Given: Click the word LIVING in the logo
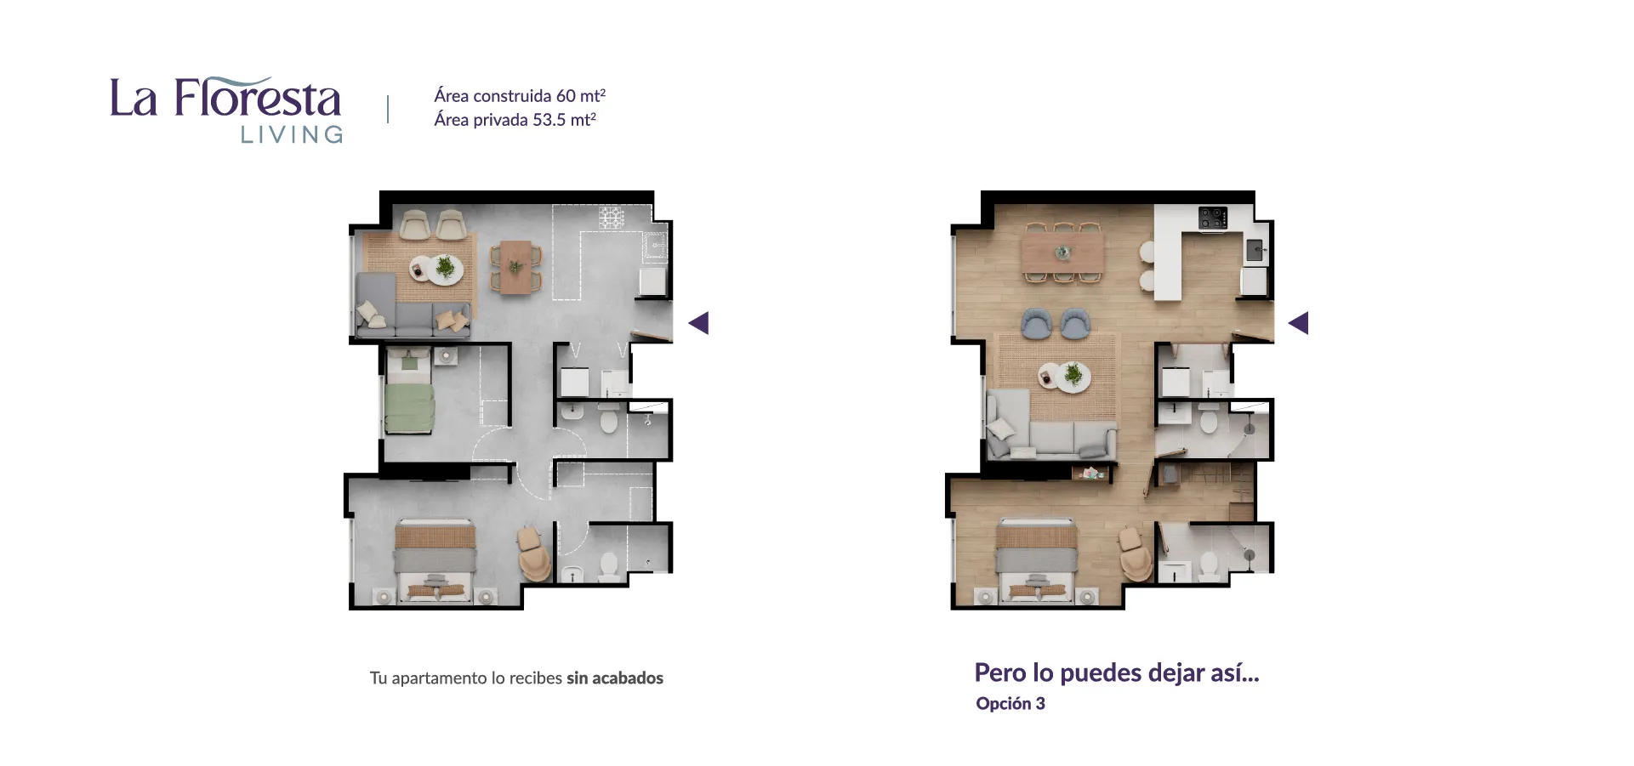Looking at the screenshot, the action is click(292, 134).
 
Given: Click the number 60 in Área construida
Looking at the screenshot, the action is click(566, 96).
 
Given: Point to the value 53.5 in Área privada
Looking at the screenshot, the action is click(549, 120).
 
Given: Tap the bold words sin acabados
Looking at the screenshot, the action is click(615, 678).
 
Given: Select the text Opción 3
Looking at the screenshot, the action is click(1011, 703).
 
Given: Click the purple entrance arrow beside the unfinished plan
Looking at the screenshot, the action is click(698, 323).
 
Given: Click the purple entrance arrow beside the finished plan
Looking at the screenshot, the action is click(1298, 323).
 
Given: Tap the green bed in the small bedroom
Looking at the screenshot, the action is click(409, 407).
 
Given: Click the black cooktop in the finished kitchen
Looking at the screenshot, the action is click(1213, 218).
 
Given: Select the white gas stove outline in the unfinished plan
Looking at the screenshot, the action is click(612, 218).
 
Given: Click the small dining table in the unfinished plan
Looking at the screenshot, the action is click(515, 267).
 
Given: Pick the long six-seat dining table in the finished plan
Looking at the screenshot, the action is click(1063, 252).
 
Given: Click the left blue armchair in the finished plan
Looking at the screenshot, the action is click(1034, 323).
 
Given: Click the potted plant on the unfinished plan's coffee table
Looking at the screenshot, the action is click(445, 268).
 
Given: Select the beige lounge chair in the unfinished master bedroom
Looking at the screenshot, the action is click(534, 553).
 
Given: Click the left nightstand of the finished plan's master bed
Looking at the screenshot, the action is click(985, 597).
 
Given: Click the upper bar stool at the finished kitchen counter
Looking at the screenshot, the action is click(1147, 252).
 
